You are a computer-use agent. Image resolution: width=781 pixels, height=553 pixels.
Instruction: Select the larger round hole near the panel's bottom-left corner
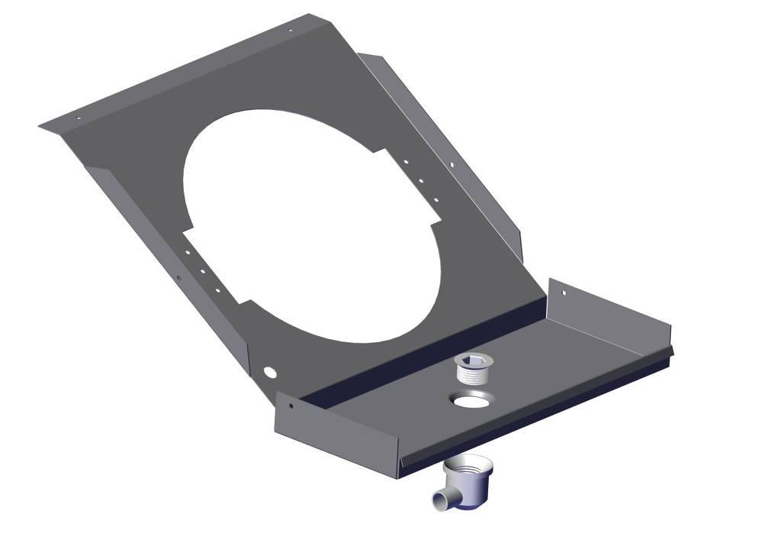tap(268, 372)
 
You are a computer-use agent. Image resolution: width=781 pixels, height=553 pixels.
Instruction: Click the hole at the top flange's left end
tap(77, 118)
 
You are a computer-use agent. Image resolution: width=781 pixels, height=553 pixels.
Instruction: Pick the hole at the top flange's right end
tap(290, 31)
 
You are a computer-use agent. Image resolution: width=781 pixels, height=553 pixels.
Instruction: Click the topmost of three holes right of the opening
tap(407, 162)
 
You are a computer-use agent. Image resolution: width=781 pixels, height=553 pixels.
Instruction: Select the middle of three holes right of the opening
tap(421, 181)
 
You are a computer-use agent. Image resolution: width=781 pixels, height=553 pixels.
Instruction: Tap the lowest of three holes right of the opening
tap(436, 200)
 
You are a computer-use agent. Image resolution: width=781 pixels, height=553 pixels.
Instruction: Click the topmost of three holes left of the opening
tap(188, 251)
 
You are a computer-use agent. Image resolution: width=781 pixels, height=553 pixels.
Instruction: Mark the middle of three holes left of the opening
tap(202, 270)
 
